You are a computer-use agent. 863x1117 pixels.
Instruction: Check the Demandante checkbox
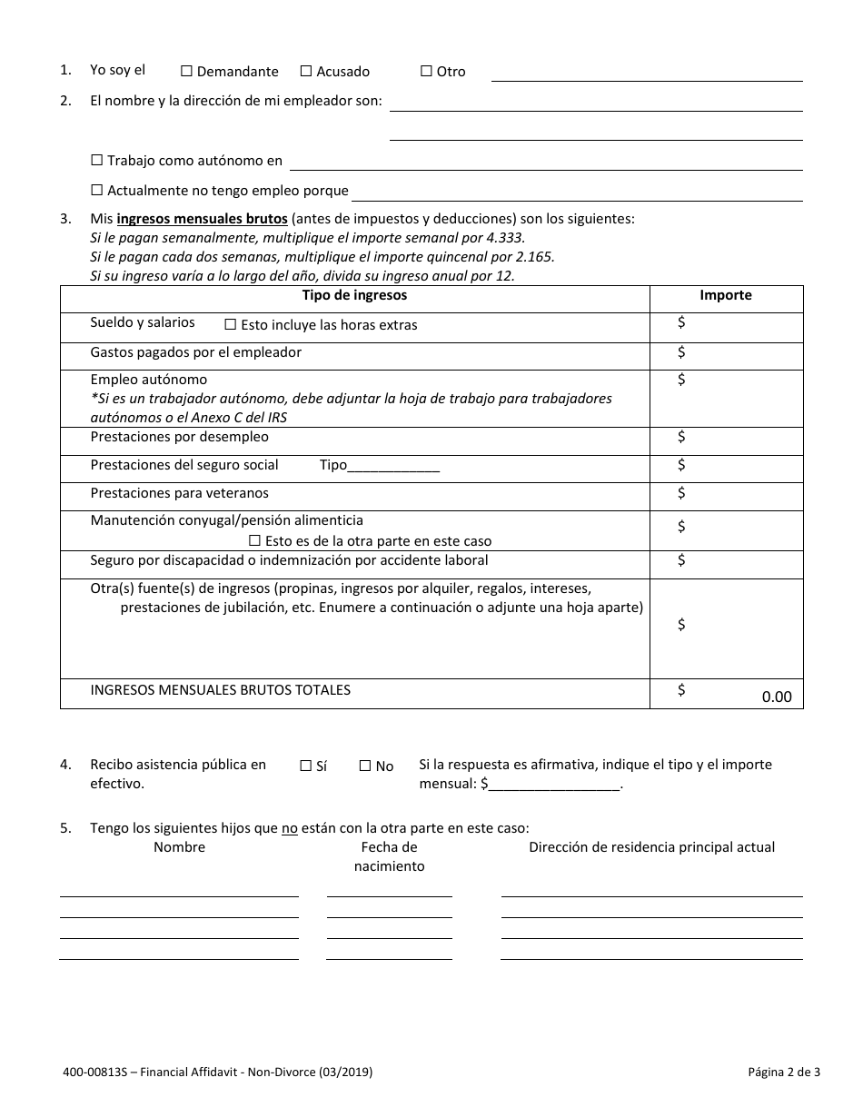click(186, 71)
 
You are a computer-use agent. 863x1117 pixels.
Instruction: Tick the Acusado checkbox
click(306, 71)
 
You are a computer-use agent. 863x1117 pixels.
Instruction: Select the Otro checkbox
click(426, 71)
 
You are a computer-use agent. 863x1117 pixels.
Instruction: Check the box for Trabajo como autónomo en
click(97, 161)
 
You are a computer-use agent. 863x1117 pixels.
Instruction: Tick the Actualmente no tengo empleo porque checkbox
click(97, 191)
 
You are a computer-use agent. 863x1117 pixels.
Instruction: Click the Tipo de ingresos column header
click(354, 295)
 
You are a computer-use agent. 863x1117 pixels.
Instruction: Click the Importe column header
click(725, 295)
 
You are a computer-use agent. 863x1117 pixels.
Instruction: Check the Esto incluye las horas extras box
click(231, 324)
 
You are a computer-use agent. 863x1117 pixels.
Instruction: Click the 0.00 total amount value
click(776, 697)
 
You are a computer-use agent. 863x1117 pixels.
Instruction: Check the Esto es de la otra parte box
click(255, 540)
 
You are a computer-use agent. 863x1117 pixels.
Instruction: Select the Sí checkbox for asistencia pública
click(306, 766)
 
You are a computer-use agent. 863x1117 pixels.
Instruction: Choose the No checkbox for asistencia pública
click(365, 766)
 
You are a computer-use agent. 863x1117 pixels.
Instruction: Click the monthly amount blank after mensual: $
click(554, 785)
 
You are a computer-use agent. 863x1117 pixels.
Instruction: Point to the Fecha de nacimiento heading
click(389, 856)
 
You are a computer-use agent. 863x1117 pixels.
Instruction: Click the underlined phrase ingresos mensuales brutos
click(202, 219)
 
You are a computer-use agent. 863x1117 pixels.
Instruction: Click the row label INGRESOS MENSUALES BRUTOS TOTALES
click(220, 689)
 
